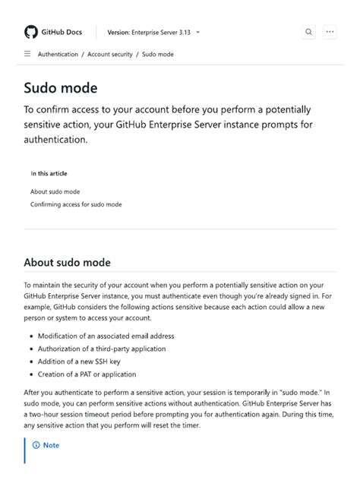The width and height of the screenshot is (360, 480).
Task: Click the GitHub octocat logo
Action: tap(31, 32)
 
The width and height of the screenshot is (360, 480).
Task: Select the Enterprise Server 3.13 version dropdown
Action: tap(154, 33)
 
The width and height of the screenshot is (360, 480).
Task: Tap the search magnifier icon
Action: tap(308, 33)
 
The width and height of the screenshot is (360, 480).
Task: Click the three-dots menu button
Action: tap(330, 33)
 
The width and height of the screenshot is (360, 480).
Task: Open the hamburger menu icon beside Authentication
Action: tap(27, 54)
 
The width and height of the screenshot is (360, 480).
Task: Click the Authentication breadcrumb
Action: tap(58, 55)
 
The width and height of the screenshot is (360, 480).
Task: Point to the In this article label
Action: tap(49, 173)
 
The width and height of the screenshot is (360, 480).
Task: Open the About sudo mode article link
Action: tap(55, 191)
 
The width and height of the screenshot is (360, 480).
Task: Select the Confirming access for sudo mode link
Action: tap(76, 204)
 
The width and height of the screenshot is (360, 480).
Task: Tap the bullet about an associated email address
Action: tap(106, 336)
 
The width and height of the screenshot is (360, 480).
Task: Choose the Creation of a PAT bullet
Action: tap(87, 374)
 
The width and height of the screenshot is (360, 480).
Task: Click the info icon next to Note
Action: tap(36, 445)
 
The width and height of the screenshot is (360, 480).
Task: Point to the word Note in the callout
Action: tap(51, 445)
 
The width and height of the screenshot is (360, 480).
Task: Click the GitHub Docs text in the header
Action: tap(62, 33)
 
